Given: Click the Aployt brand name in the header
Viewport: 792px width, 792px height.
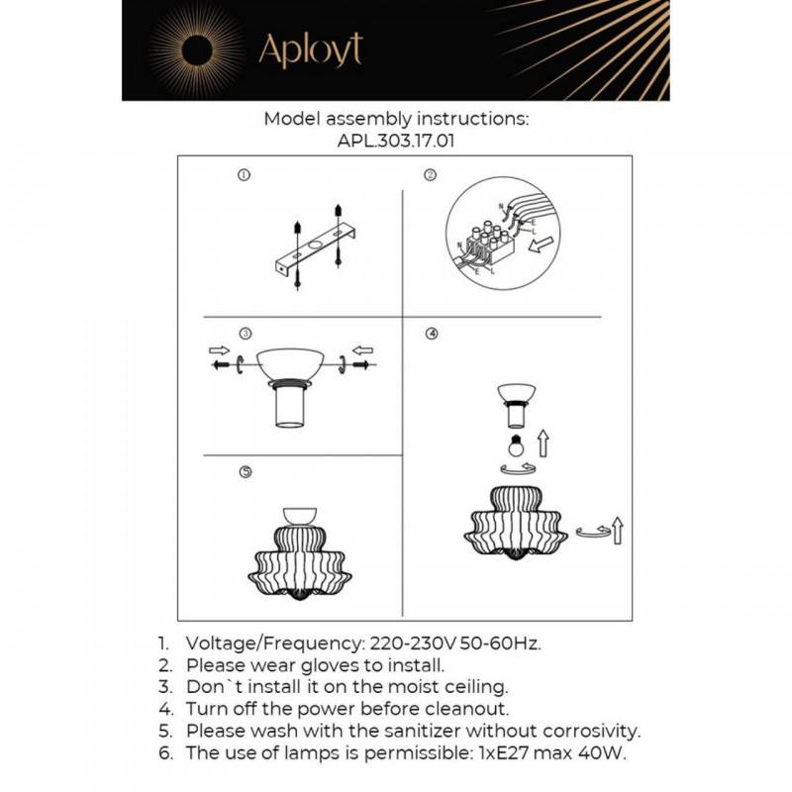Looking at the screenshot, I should [x=310, y=49].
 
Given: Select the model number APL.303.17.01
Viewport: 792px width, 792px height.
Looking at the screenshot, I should [x=396, y=141].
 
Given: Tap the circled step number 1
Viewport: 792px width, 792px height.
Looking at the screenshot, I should [x=245, y=176].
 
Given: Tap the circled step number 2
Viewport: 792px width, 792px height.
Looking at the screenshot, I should [x=431, y=176].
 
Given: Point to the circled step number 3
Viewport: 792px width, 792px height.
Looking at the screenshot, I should [x=245, y=334].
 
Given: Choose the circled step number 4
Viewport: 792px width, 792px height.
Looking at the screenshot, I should [x=431, y=334].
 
